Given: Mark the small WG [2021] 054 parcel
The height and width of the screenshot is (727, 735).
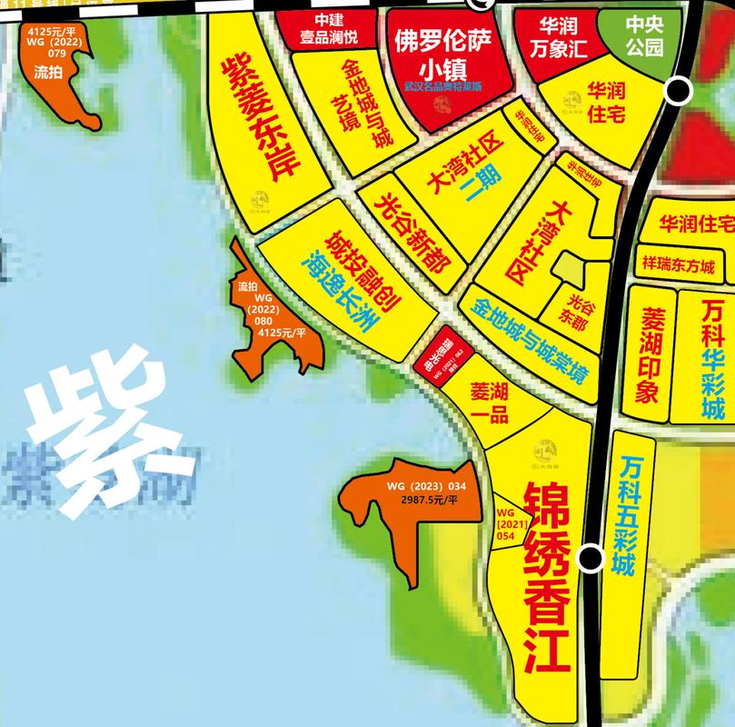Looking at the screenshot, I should point(505,523).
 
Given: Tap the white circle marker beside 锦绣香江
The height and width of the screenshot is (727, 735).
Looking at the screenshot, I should point(591,556).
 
